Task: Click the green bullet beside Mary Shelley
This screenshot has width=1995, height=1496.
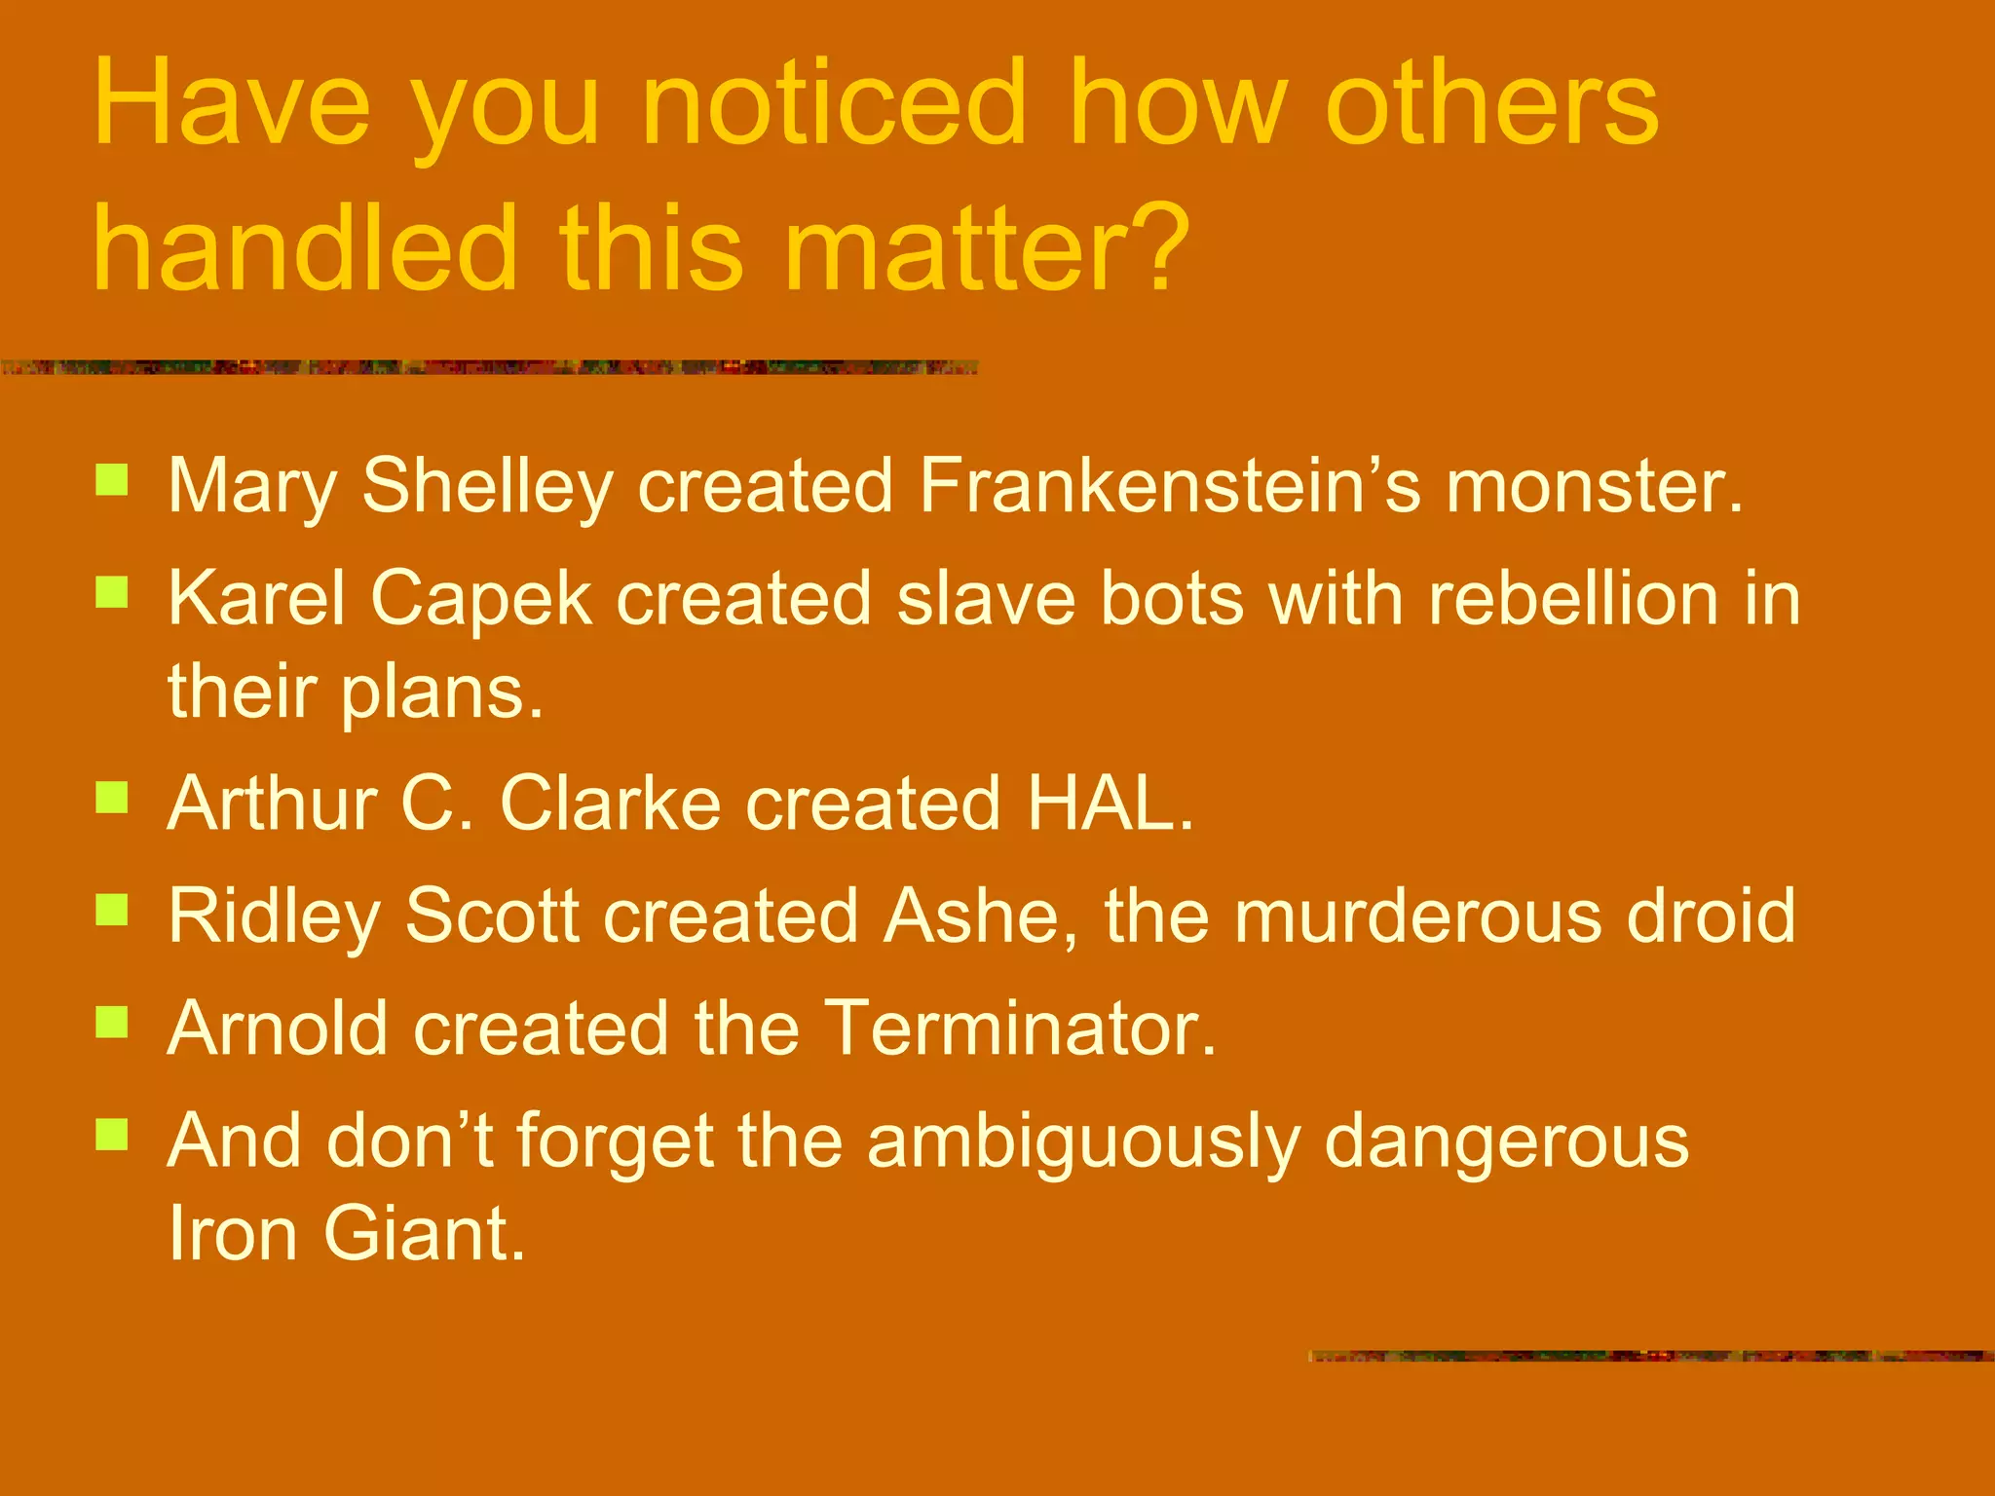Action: click(x=112, y=480)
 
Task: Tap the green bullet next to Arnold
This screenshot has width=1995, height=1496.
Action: click(x=112, y=1022)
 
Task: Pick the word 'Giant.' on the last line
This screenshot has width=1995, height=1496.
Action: click(x=424, y=1234)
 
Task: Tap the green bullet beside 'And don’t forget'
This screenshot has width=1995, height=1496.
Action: click(x=112, y=1134)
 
